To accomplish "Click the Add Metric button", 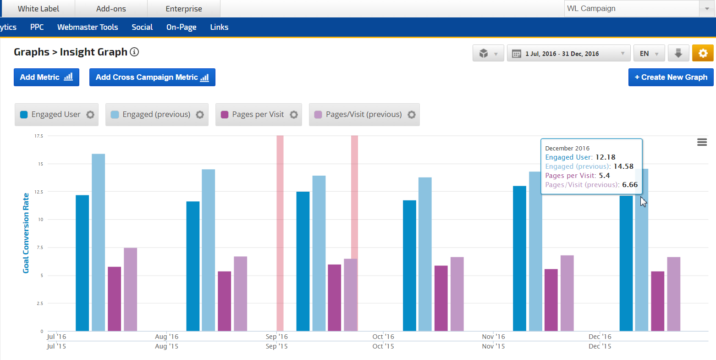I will [46, 77].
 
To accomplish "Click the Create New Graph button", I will [671, 77].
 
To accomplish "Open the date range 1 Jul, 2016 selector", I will [568, 54].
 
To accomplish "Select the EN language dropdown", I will [649, 54].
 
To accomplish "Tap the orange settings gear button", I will [703, 53].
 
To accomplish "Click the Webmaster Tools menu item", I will [88, 27].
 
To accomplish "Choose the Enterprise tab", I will [184, 9].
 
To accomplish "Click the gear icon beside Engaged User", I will [90, 115].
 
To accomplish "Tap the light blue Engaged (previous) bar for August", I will [208, 250].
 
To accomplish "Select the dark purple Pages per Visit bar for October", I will [441, 298].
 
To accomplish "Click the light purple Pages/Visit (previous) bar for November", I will [567, 293].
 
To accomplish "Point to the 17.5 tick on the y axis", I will [39, 136].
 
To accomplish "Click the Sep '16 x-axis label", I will [277, 337].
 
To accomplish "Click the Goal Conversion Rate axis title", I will [26, 233].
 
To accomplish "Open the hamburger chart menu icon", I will [702, 142].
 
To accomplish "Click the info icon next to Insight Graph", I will [134, 52].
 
